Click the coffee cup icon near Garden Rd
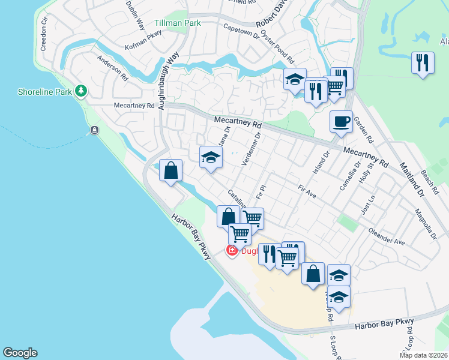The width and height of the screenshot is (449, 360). pyautogui.click(x=341, y=122)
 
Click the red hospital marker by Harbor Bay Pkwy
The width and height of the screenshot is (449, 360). pyautogui.click(x=232, y=251)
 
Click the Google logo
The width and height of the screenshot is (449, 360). pyautogui.click(x=20, y=353)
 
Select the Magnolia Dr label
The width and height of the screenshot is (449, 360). pyautogui.click(x=425, y=224)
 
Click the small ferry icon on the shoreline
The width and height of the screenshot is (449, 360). pyautogui.click(x=94, y=130)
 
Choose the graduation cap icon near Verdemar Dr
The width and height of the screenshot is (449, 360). pyautogui.click(x=211, y=158)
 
